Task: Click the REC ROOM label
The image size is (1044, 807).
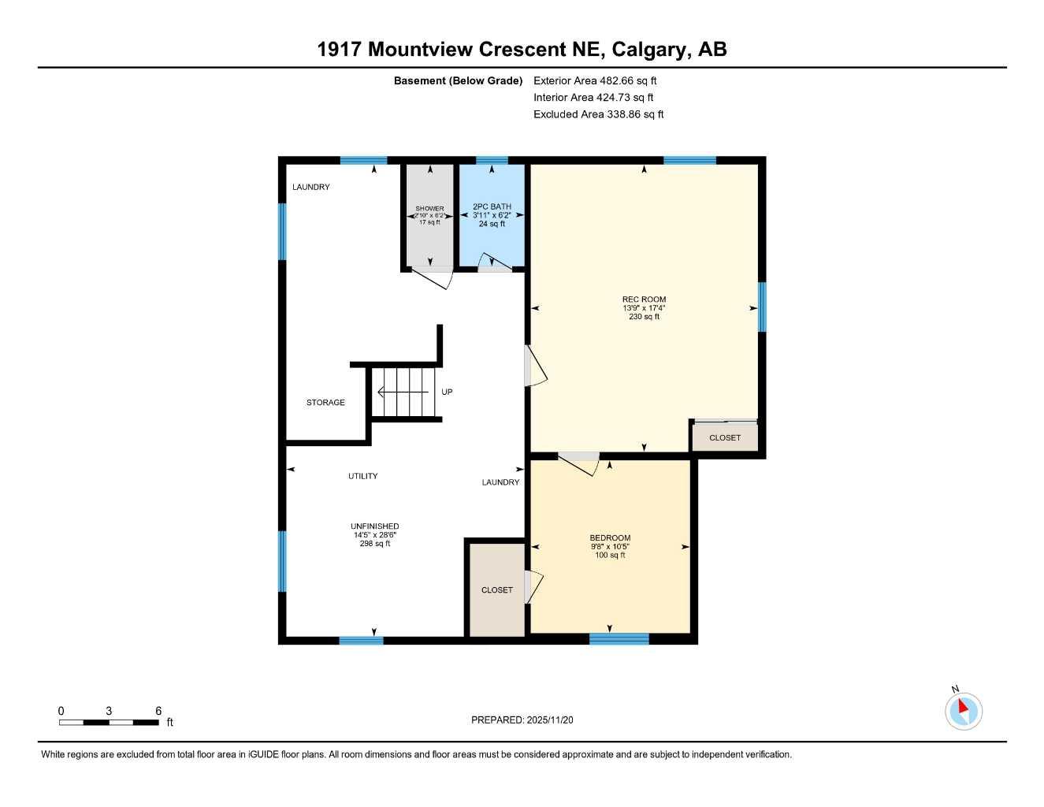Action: tap(644, 299)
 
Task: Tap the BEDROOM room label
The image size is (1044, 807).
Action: tap(610, 538)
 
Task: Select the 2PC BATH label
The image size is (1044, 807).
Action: tap(492, 206)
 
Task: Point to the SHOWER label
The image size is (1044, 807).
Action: tap(429, 209)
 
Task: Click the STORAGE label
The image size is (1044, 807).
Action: tap(325, 403)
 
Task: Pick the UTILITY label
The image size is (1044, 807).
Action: tap(362, 476)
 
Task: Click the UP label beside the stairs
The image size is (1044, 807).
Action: tap(447, 392)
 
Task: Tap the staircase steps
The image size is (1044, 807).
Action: tap(403, 392)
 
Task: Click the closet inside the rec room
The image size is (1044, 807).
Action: tap(725, 437)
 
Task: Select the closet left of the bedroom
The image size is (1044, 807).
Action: tap(496, 589)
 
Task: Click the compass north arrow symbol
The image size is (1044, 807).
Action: tap(964, 711)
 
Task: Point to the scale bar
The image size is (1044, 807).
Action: tap(109, 723)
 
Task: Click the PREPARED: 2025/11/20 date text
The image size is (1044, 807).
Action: tap(522, 720)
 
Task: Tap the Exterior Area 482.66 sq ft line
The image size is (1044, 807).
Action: tap(595, 80)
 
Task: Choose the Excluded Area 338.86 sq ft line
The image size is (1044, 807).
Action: tap(598, 114)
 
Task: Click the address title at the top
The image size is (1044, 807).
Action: tap(522, 49)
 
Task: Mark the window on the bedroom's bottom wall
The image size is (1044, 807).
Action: tap(619, 639)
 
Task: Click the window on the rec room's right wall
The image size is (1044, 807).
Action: tap(762, 307)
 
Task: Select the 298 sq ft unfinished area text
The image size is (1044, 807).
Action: tap(375, 544)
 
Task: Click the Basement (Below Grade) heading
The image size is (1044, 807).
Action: tap(458, 80)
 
